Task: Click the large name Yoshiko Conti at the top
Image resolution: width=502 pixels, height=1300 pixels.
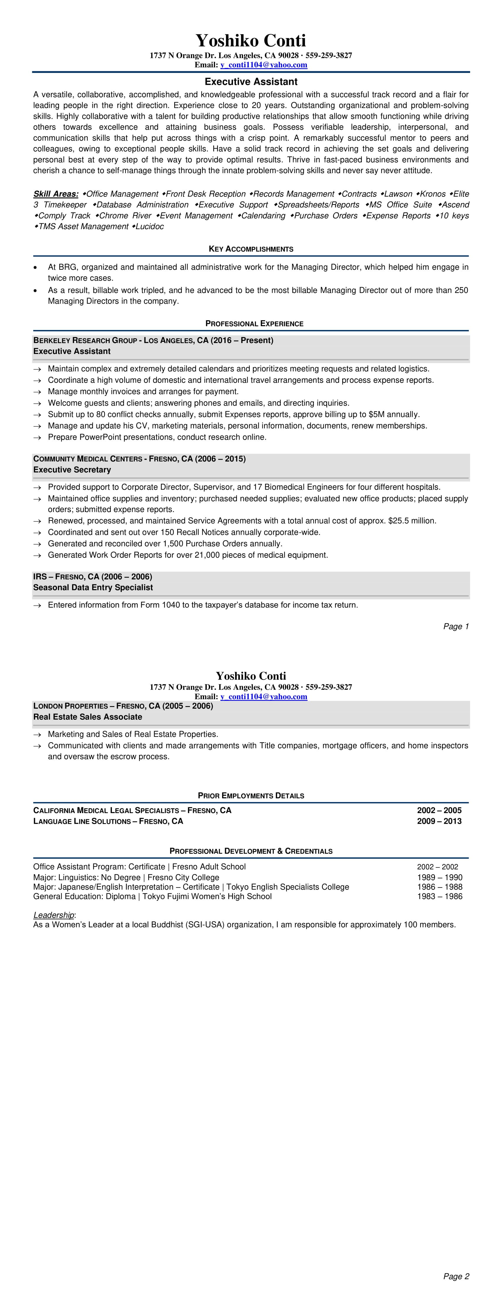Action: pos(251,40)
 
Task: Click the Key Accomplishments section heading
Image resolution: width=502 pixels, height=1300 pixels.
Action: pos(251,249)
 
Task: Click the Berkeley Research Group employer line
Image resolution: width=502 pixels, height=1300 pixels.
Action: pos(153,340)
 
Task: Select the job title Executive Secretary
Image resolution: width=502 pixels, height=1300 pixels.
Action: pos(72,469)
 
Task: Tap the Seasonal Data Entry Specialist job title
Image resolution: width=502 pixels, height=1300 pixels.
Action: pos(93,587)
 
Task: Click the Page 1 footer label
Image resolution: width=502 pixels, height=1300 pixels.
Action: pos(456,626)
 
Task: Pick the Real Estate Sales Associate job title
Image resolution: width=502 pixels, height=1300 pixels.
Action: pos(88,716)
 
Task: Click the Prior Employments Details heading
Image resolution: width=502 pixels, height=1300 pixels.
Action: pos(251,795)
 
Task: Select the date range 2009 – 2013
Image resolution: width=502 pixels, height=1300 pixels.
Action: pos(439,821)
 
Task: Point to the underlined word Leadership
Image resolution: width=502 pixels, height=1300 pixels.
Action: pos(53,915)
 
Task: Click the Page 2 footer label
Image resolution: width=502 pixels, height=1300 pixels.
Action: pos(456,1276)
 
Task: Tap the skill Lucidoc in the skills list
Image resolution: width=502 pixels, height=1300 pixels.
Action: pos(149,227)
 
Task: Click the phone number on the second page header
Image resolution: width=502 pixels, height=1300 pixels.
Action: pos(328,687)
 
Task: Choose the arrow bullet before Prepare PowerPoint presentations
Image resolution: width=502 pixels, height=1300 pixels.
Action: pos(37,438)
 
